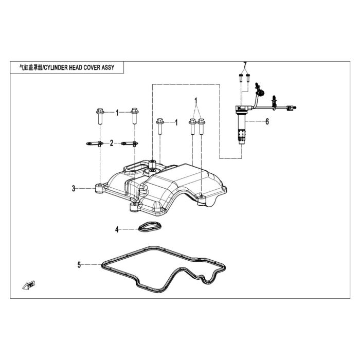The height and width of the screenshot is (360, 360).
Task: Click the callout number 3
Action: [x=74, y=189]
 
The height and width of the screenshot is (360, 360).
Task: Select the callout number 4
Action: [x=117, y=229]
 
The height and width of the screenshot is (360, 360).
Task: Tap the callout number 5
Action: [x=79, y=265]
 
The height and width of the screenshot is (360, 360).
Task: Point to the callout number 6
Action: [x=267, y=121]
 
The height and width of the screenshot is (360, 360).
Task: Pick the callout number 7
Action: [x=245, y=65]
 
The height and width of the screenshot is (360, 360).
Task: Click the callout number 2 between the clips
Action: [x=112, y=143]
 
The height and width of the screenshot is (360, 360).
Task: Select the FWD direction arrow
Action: [x=29, y=285]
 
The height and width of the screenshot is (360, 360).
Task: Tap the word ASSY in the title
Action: [x=108, y=67]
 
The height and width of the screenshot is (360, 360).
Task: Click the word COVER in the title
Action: [x=92, y=67]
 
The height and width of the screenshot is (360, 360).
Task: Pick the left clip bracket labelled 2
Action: [x=95, y=143]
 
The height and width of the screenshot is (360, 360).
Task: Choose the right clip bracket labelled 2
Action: [x=130, y=143]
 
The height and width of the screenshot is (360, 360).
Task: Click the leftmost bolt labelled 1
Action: [x=100, y=116]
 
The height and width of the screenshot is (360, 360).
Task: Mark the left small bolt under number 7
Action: [x=241, y=78]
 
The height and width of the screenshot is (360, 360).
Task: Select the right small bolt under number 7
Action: [x=248, y=78]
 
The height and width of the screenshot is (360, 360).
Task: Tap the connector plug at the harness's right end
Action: [x=291, y=107]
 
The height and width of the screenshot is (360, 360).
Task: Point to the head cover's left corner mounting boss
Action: [x=100, y=188]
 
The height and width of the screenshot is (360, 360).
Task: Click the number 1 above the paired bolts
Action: [x=196, y=101]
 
